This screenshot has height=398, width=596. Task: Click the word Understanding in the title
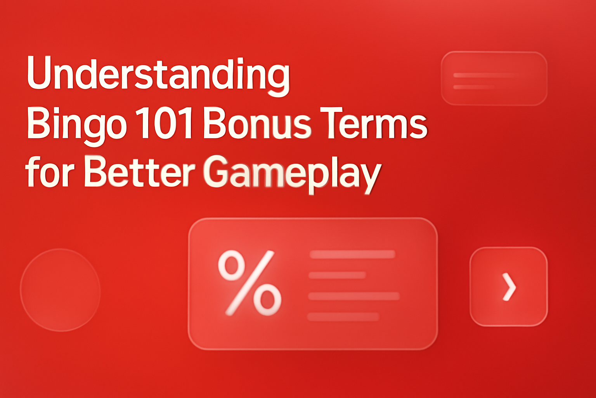click(x=158, y=74)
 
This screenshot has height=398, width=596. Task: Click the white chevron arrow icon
click(x=509, y=287)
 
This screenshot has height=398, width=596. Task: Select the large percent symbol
click(x=249, y=283)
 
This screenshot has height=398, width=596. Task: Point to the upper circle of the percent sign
click(x=232, y=265)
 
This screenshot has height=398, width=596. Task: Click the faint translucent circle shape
click(x=60, y=290)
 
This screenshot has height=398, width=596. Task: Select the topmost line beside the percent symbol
click(x=352, y=255)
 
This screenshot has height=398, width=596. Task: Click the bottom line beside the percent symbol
click(x=343, y=317)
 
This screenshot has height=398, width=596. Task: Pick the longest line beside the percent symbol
click(x=353, y=296)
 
